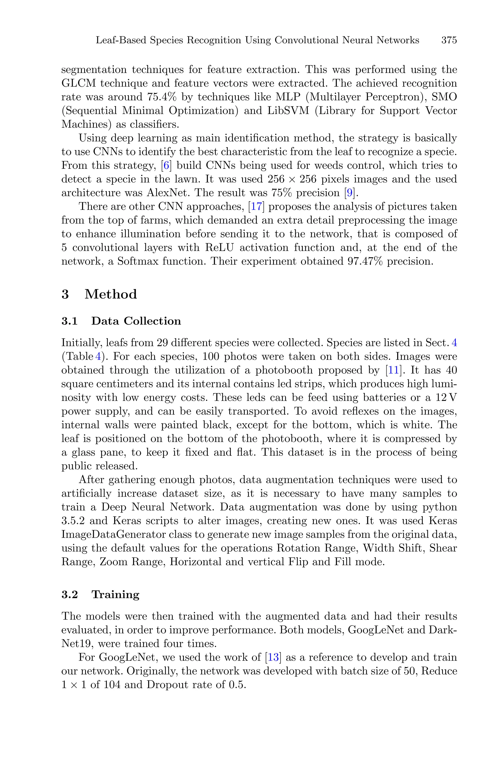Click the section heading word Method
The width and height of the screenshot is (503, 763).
[x=111, y=294]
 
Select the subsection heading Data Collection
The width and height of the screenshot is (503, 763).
[x=136, y=321]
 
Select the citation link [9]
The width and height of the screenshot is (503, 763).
[x=349, y=193]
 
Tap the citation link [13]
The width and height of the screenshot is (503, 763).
[x=273, y=657]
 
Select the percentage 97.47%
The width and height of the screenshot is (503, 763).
[x=365, y=261]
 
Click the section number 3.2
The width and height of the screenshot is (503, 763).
[x=70, y=594]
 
